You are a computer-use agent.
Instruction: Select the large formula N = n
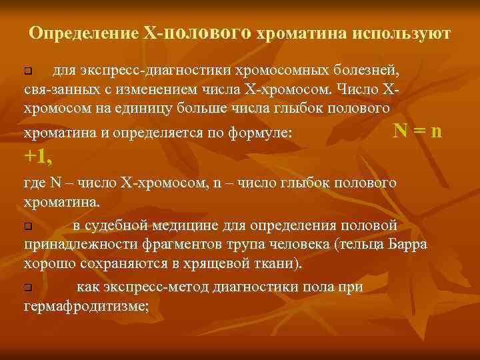tap(417, 131)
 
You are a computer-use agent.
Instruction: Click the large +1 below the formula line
tap(39, 157)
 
